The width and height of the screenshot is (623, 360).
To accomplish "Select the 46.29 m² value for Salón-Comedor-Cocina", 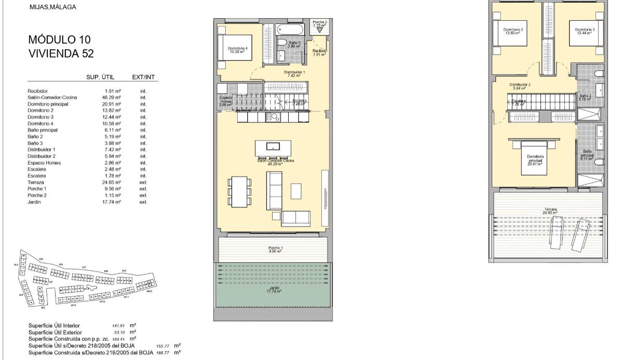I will (113, 97).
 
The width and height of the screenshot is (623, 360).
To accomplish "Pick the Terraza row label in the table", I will (36, 182).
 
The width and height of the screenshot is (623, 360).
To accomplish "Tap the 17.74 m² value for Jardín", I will (113, 202).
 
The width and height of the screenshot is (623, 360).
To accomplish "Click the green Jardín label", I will (275, 289).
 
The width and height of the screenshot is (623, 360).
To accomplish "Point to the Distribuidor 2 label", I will (520, 86).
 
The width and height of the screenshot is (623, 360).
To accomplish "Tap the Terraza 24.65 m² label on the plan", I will (550, 210).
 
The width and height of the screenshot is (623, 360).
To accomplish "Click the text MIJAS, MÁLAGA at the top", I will (53, 7).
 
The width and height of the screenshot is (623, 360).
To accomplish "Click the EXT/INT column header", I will (144, 77).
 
